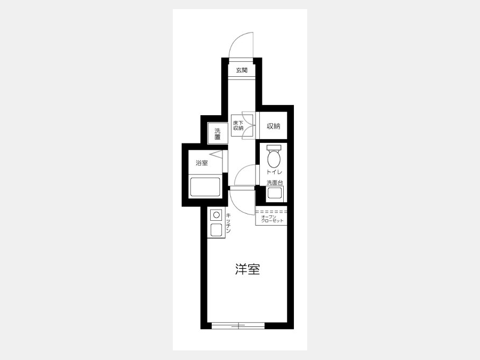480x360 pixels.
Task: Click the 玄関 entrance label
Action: pyautogui.click(x=242, y=70)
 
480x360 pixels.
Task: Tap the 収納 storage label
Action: pyautogui.click(x=274, y=126)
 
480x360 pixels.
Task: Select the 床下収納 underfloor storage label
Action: pyautogui.click(x=238, y=125)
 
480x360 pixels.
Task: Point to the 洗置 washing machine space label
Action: pyautogui.click(x=218, y=133)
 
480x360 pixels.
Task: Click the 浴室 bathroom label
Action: pyautogui.click(x=202, y=163)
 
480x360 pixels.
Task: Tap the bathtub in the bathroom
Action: pyautogui.click(x=205, y=187)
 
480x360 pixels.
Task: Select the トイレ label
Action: pyautogui.click(x=274, y=172)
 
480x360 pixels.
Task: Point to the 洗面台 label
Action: pyautogui.click(x=275, y=183)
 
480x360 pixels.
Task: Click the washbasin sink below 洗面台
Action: pyautogui.click(x=275, y=193)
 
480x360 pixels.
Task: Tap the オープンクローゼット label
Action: pyautogui.click(x=272, y=219)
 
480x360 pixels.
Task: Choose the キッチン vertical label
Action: pyautogui.click(x=228, y=223)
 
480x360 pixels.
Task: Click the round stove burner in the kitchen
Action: pyautogui.click(x=217, y=215)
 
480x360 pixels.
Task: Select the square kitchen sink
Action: pyautogui.click(x=217, y=229)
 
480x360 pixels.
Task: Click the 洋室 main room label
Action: pyautogui.click(x=247, y=269)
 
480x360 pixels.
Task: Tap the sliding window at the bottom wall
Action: pyautogui.click(x=238, y=325)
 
